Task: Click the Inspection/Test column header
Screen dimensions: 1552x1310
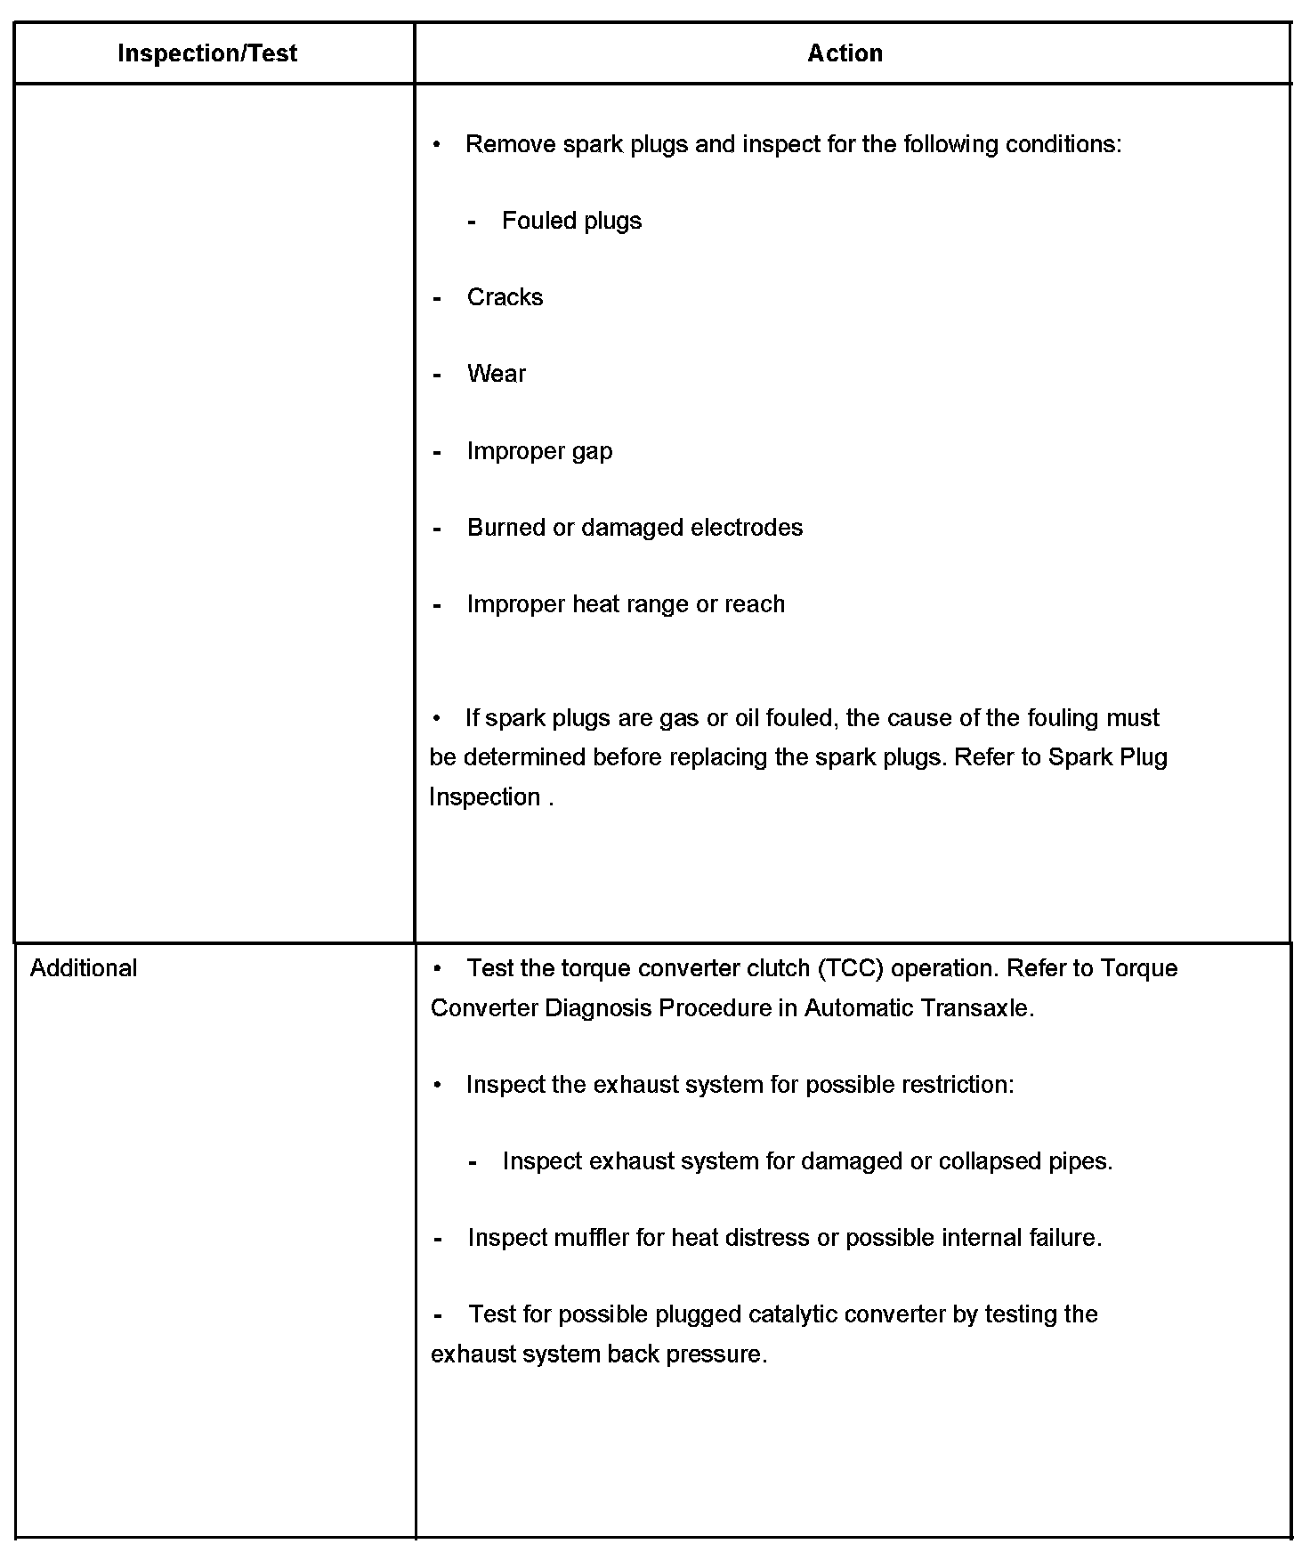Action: click(x=207, y=53)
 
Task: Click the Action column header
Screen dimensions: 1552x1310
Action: click(x=845, y=53)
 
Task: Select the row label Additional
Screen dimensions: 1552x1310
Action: click(x=84, y=968)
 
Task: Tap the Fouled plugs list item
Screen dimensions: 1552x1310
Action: click(x=571, y=221)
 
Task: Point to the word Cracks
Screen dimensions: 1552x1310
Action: click(x=505, y=297)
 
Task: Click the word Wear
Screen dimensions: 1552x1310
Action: click(x=496, y=374)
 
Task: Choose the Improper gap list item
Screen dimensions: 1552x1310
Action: click(x=539, y=451)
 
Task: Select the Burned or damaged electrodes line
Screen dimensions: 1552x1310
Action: click(x=635, y=528)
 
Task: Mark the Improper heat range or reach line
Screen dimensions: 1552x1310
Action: click(x=626, y=604)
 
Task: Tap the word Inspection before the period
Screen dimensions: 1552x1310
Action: click(x=485, y=797)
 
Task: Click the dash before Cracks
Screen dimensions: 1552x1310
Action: click(x=438, y=298)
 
